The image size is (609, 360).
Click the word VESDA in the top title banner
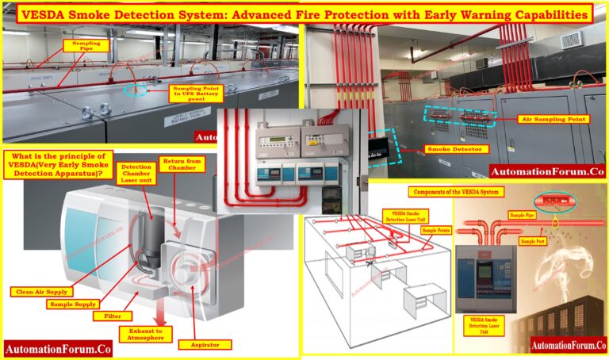coord(45,13)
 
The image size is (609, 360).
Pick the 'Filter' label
coord(113,316)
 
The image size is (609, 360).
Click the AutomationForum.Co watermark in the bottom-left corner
coord(57,348)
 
